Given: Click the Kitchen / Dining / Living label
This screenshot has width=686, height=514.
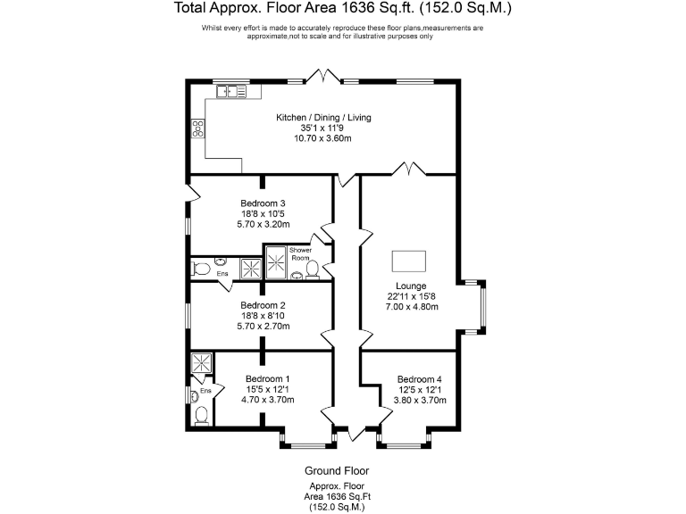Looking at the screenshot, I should (323, 118).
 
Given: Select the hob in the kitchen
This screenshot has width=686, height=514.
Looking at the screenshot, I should (197, 128).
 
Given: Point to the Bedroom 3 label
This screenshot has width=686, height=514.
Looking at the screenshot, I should (263, 203).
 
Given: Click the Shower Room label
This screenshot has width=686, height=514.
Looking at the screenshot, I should (300, 255).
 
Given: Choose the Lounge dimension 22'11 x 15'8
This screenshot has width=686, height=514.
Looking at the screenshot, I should (412, 296).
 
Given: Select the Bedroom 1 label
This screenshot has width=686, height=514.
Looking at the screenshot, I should (263, 378).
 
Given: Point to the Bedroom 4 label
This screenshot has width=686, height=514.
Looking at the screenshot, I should (419, 378).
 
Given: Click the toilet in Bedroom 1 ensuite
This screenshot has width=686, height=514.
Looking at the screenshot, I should (203, 414).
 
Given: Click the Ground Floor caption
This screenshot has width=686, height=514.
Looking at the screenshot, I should (337, 470).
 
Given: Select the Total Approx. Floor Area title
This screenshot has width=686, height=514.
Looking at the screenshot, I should (343, 10).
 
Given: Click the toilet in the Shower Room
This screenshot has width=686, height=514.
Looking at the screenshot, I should (313, 269).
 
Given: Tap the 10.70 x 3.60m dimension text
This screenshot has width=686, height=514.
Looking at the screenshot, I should (323, 138).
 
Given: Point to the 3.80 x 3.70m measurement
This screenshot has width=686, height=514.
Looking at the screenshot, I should (419, 400).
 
